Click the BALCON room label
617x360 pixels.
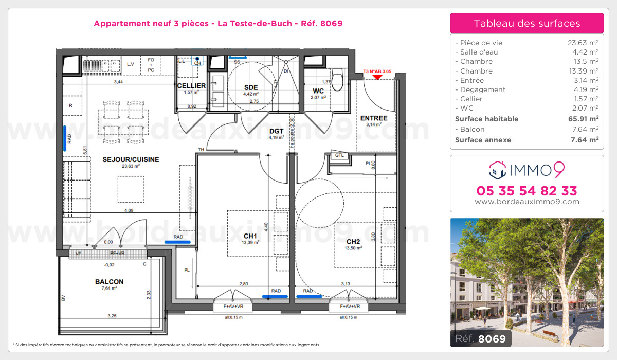[109, 282]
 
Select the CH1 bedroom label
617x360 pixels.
[251, 236]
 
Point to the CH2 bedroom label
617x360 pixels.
[353, 242]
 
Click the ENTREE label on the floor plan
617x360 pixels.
[374, 118]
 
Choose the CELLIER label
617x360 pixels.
[191, 85]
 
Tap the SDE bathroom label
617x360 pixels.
[250, 87]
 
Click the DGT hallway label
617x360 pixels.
[277, 131]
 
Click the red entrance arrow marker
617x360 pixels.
[377, 78]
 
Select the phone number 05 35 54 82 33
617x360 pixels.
[527, 191]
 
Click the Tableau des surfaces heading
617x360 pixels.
[527, 23]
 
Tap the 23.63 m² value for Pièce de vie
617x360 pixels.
[583, 43]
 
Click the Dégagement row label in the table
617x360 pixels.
[476, 89]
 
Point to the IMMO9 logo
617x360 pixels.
[527, 167]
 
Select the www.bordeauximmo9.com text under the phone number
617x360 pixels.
[527, 202]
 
